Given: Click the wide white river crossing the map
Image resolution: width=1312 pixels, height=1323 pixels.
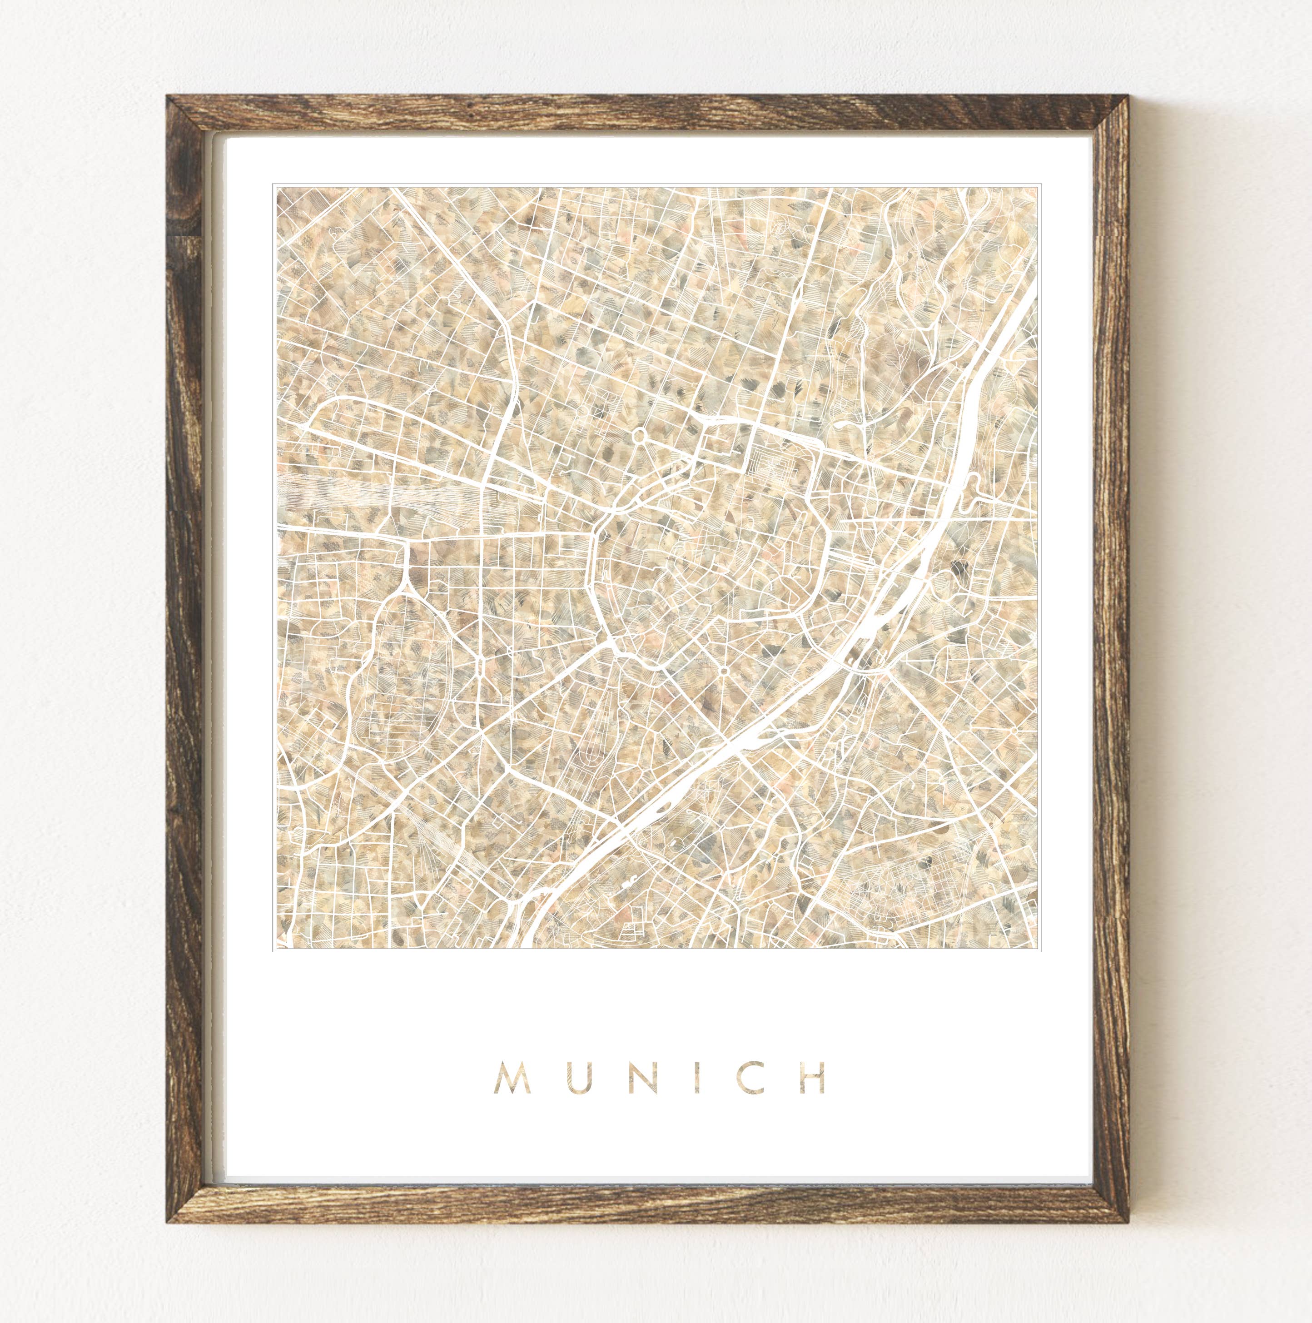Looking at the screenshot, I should pos(767,726).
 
